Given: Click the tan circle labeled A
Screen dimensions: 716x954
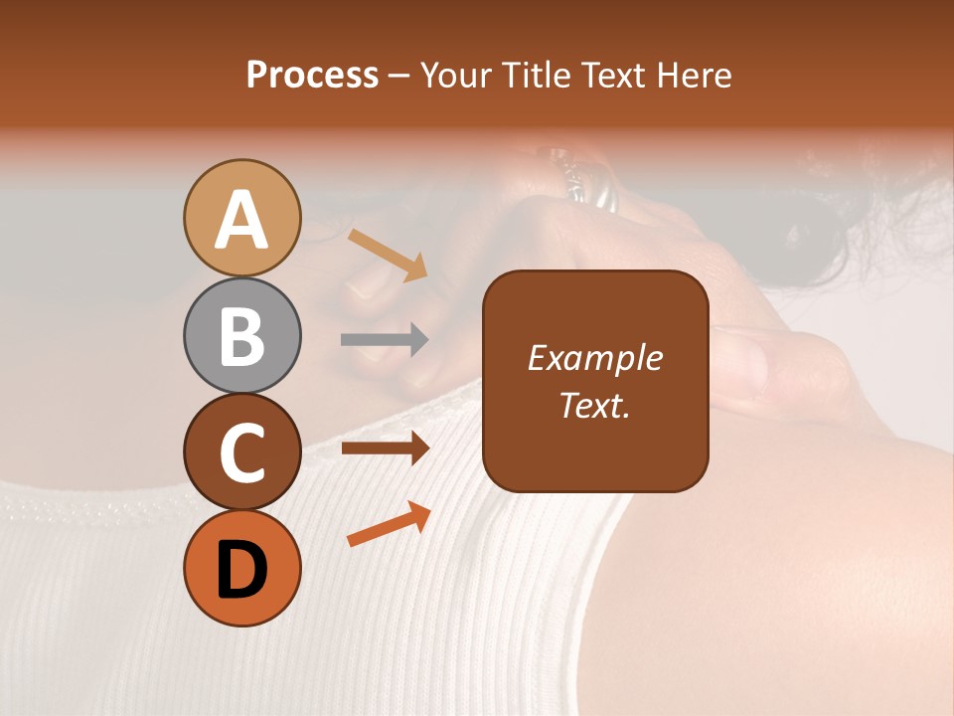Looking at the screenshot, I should coord(242,218).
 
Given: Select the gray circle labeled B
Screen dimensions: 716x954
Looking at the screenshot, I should coord(242,335).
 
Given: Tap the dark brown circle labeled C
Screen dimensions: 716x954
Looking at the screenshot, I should coord(242,451).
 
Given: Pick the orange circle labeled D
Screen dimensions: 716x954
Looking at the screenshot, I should coord(242,568).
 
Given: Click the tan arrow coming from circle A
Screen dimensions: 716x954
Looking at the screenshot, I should coord(388,254).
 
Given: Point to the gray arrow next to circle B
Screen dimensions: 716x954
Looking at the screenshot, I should coord(385,340).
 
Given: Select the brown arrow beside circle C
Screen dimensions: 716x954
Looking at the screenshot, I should coord(385,448).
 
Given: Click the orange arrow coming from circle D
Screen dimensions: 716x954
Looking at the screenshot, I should coord(389,524).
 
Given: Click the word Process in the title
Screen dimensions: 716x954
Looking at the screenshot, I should coord(312,76).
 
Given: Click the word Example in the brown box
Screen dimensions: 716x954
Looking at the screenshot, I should coord(594,358).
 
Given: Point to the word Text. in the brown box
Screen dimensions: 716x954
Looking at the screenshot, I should coord(594,405).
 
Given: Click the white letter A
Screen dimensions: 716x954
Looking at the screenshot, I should coord(242,220).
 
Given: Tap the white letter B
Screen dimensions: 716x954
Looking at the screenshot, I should coord(242,336).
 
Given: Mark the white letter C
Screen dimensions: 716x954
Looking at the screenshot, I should coord(242,452).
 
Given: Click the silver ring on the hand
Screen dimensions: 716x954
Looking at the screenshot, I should coord(586,189).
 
